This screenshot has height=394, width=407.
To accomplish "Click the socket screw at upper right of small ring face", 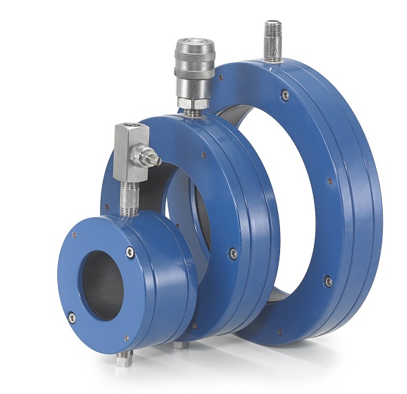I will [130, 253].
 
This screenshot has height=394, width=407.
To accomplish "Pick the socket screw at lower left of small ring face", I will [72, 318].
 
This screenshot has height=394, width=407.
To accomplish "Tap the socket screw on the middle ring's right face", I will [233, 254].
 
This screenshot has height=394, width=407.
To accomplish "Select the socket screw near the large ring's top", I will [285, 95].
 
